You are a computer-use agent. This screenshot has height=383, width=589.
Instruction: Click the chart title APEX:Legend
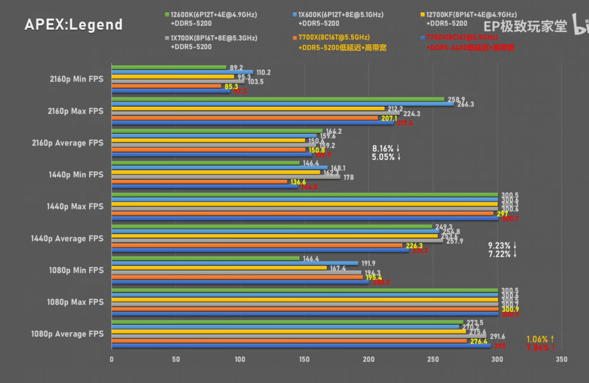tap(73, 25)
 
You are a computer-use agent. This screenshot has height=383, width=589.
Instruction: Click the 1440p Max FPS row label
tap(75, 206)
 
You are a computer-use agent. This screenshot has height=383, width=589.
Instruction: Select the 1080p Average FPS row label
tap(67, 334)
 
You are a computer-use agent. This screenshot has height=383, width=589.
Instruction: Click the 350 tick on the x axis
tap(562, 360)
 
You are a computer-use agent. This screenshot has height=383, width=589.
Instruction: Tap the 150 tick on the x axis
tap(304, 360)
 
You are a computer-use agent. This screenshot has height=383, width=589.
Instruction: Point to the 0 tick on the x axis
tap(112, 360)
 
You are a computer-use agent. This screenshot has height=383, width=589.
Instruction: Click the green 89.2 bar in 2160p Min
tap(169, 67)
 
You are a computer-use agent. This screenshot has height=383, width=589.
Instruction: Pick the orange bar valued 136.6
tap(199, 182)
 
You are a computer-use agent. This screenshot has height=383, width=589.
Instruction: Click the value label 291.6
tap(497, 336)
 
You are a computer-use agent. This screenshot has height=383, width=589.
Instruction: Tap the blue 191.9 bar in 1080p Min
tap(235, 263)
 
